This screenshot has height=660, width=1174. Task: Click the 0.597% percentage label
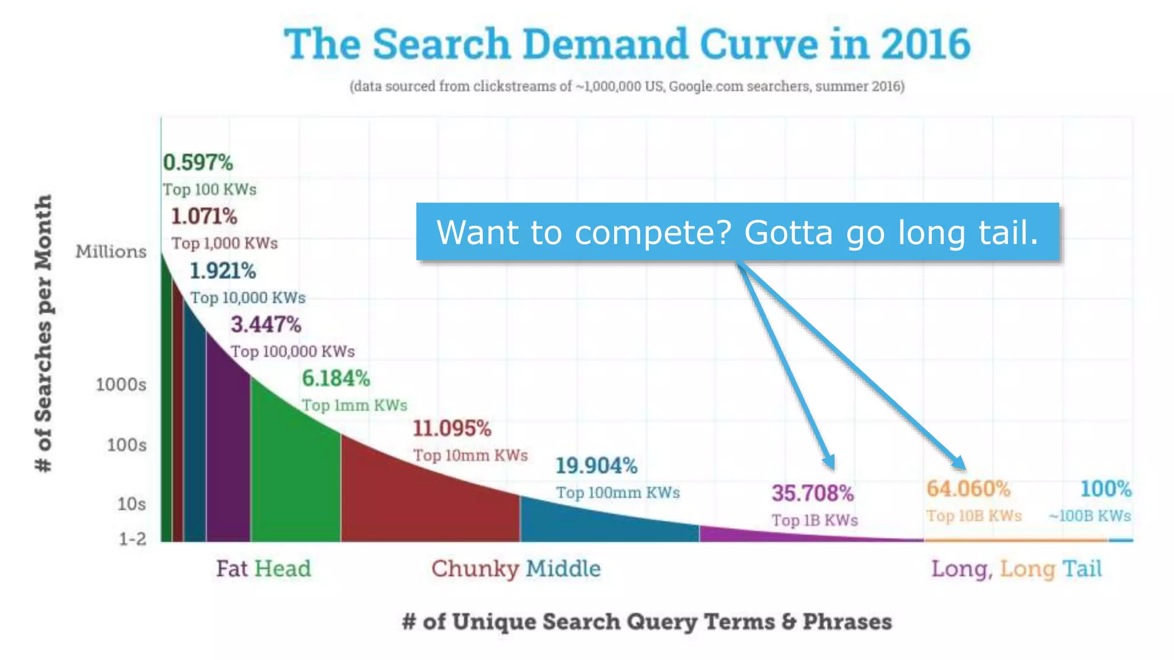tap(198, 163)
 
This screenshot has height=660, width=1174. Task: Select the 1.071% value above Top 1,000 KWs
tap(204, 217)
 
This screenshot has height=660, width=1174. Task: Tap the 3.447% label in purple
tap(266, 325)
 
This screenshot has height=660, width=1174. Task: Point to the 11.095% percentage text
tap(452, 429)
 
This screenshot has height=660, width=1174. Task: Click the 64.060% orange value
tap(968, 489)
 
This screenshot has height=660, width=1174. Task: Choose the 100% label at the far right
tap(1106, 489)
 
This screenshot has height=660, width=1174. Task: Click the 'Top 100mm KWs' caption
tap(618, 493)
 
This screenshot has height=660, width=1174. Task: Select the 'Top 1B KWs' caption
tap(815, 520)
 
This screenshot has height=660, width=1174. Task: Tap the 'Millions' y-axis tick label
tap(111, 252)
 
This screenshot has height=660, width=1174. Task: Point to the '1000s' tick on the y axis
tap(121, 384)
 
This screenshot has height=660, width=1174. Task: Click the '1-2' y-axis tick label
tap(132, 539)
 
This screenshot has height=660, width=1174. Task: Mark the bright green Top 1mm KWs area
tap(295, 476)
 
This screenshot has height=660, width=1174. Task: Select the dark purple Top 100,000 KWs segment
tap(228, 458)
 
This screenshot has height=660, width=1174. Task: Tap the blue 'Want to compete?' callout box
tap(737, 232)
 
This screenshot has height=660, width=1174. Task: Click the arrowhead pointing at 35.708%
tap(829, 462)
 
